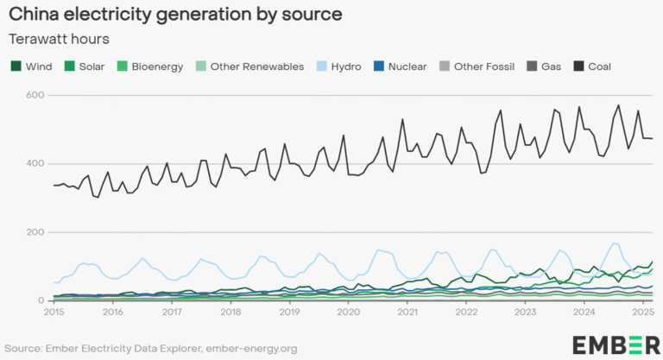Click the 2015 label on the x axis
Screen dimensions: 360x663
(x=54, y=311)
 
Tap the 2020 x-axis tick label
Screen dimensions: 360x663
(x=348, y=311)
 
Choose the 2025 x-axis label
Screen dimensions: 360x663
(x=641, y=311)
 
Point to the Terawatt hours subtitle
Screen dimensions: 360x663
(x=58, y=39)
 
